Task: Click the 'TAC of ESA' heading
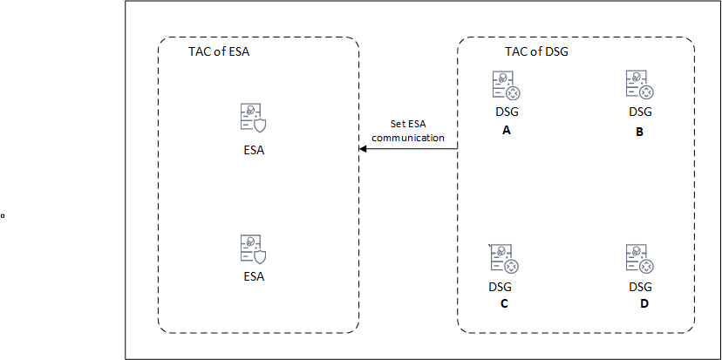pyautogui.click(x=219, y=51)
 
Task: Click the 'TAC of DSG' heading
pyautogui.click(x=536, y=51)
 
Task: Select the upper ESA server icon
pyautogui.click(x=253, y=118)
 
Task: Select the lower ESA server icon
pyautogui.click(x=253, y=249)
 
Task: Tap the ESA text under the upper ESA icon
pyautogui.click(x=254, y=151)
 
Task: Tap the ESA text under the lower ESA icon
pyautogui.click(x=254, y=276)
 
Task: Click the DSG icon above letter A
pyautogui.click(x=507, y=85)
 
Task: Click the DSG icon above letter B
pyautogui.click(x=639, y=85)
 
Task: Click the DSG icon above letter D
pyautogui.click(x=639, y=259)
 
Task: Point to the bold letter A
pyautogui.click(x=507, y=130)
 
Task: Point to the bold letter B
pyautogui.click(x=639, y=132)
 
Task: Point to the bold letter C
pyautogui.click(x=504, y=304)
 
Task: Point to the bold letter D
pyautogui.click(x=644, y=304)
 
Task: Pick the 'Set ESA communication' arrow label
pyautogui.click(x=408, y=130)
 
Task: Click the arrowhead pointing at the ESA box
pyautogui.click(x=362, y=149)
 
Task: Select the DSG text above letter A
pyautogui.click(x=507, y=112)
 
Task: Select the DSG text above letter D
pyautogui.click(x=641, y=287)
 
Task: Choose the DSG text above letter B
pyautogui.click(x=641, y=112)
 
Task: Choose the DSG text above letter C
pyautogui.click(x=500, y=287)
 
